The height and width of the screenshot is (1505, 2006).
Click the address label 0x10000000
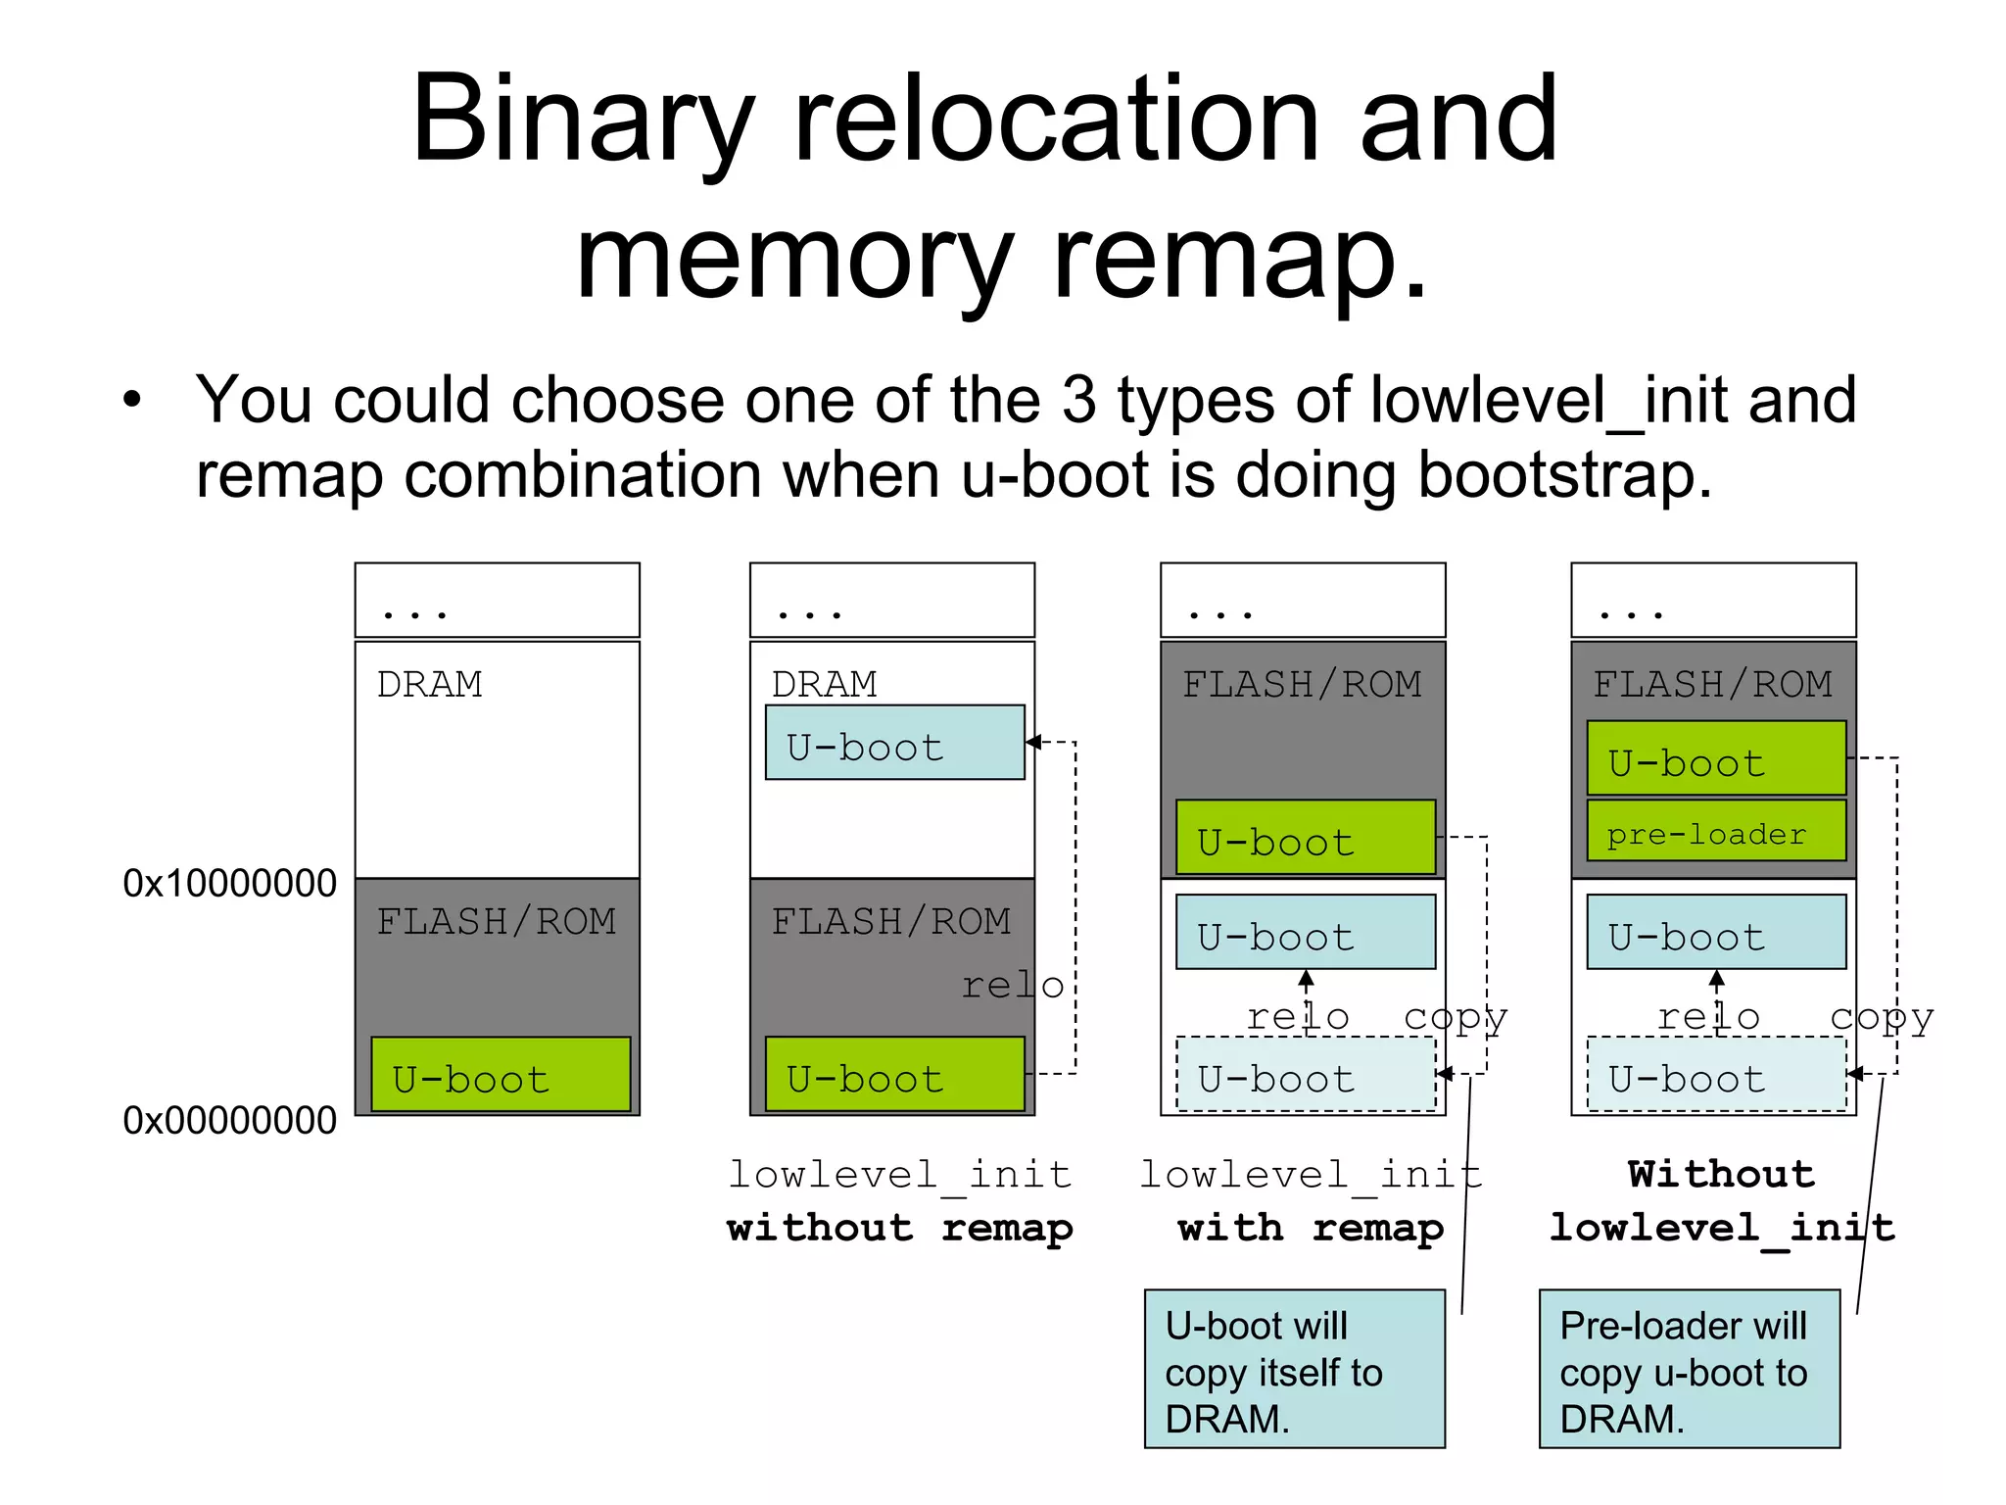(229, 884)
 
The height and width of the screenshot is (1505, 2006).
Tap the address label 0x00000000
(229, 1121)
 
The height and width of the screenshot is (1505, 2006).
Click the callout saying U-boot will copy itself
(1294, 1369)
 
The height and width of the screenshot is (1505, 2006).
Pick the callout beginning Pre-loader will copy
(1689, 1369)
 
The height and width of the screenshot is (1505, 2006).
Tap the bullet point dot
(132, 401)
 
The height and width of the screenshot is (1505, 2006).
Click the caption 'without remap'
(899, 1228)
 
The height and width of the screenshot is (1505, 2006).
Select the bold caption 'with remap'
(1311, 1228)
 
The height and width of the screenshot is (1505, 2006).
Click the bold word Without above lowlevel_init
(1721, 1174)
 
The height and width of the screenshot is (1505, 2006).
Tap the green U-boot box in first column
(501, 1075)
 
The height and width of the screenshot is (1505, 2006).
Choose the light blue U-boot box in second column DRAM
(894, 743)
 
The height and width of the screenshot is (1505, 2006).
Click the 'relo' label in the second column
(1012, 986)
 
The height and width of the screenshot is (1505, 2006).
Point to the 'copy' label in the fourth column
(1882, 1018)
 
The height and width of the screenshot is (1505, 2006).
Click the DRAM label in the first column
(429, 684)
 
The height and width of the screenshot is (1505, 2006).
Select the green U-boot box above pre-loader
(1715, 758)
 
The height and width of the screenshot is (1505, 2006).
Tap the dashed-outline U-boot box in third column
(1305, 1075)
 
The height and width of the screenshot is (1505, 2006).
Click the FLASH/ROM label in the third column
(1302, 684)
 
